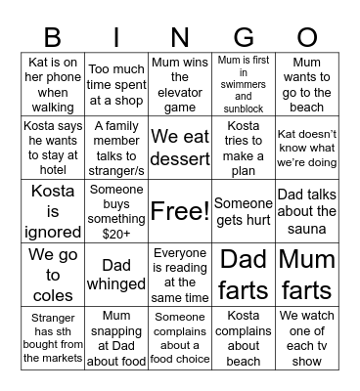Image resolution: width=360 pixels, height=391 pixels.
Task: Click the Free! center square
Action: (180, 210)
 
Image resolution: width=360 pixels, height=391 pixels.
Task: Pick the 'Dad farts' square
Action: (244, 274)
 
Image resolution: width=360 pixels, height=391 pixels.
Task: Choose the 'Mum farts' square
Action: (307, 274)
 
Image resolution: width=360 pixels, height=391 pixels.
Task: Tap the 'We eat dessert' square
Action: (180, 147)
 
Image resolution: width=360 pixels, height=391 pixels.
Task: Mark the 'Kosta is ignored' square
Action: (53, 210)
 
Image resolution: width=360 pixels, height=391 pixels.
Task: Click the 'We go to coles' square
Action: (53, 274)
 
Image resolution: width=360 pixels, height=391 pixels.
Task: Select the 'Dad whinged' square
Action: (116, 274)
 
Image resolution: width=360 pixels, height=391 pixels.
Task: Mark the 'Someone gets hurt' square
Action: (244, 210)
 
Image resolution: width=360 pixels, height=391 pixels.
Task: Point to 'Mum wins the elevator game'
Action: (180, 83)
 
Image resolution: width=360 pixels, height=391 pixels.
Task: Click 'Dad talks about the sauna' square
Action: (307, 210)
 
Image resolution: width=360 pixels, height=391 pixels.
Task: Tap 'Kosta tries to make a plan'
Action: (244, 147)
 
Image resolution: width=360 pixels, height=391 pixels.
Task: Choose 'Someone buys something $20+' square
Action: (116, 210)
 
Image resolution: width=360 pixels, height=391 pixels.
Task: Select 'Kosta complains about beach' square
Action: (244, 338)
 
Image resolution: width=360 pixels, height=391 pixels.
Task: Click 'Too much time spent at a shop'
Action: (116, 83)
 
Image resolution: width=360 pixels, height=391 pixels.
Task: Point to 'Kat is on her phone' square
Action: (53, 83)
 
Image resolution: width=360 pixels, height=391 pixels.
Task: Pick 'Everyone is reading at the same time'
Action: (180, 274)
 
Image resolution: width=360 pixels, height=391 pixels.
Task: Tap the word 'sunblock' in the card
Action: (244, 107)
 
